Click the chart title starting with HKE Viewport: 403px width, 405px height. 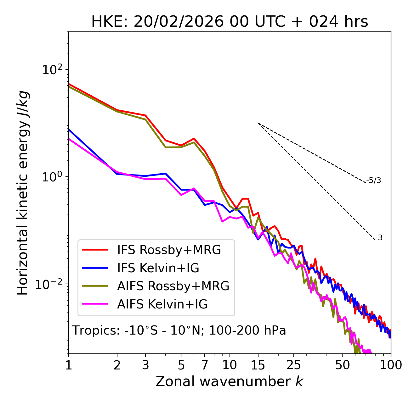click(x=230, y=22)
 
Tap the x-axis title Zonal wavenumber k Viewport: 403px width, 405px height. click(x=229, y=381)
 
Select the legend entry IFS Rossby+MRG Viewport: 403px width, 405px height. click(x=169, y=250)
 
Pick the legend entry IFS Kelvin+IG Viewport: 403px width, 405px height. click(x=158, y=268)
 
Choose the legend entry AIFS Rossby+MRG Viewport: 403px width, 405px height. click(x=173, y=286)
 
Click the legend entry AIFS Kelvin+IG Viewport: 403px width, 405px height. click(x=162, y=304)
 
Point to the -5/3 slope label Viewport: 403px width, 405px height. click(x=374, y=180)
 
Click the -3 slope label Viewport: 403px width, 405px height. click(x=379, y=238)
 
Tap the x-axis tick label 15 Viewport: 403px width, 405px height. click(x=258, y=365)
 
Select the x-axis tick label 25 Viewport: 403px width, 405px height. click(x=294, y=365)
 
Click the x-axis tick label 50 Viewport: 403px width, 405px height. click(x=342, y=365)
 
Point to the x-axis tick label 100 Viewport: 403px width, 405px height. click(x=391, y=365)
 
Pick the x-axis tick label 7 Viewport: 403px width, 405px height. click(x=205, y=365)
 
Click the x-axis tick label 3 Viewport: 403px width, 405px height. click(x=145, y=365)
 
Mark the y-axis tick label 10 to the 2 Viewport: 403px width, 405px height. click(x=52, y=70)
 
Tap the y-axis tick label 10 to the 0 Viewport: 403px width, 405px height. click(x=52, y=177)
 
